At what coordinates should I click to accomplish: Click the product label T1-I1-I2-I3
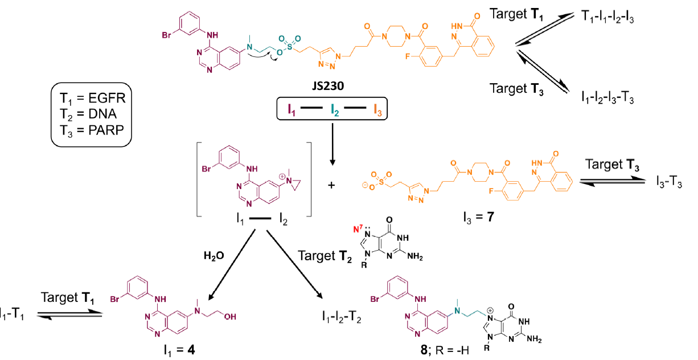[608, 18]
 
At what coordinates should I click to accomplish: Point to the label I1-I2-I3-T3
[608, 99]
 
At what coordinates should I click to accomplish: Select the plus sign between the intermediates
[331, 185]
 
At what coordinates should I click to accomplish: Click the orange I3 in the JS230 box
[378, 108]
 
